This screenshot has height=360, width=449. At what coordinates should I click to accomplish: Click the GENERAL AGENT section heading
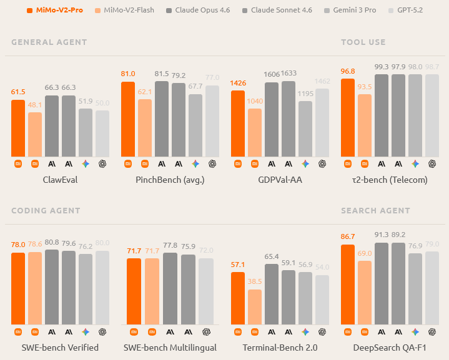pyautogui.click(x=49, y=42)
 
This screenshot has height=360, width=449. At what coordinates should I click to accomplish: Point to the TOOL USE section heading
pyautogui.click(x=363, y=42)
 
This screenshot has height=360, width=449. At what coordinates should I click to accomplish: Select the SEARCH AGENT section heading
pyautogui.click(x=375, y=211)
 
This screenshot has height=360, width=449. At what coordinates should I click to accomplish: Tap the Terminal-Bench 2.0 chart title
pyautogui.click(x=280, y=348)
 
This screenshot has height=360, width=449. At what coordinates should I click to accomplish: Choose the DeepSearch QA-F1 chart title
pyautogui.click(x=390, y=348)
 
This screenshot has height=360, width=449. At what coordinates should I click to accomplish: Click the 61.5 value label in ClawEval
pyautogui.click(x=18, y=92)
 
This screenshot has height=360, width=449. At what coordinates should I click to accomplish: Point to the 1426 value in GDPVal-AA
pyautogui.click(x=238, y=83)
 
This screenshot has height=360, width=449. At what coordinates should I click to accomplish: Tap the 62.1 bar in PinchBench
pyautogui.click(x=145, y=128)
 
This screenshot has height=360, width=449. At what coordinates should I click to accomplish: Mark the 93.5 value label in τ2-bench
pyautogui.click(x=365, y=87)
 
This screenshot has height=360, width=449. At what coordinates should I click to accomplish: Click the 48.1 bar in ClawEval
pyautogui.click(x=35, y=134)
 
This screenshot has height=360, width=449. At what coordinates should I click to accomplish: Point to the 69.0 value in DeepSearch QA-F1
pyautogui.click(x=365, y=253)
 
